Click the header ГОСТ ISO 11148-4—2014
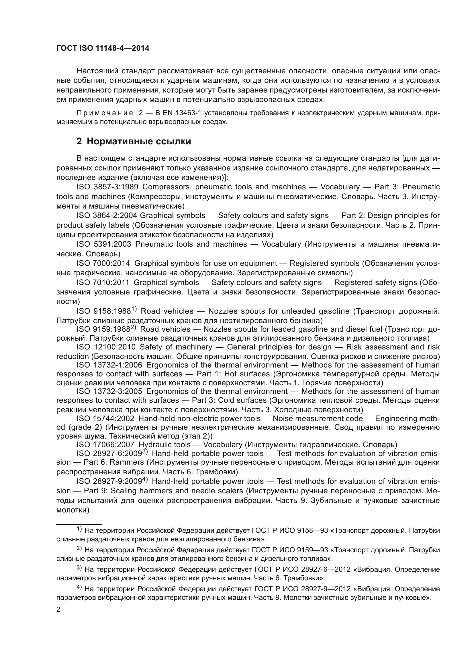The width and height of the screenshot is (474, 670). (x=103, y=48)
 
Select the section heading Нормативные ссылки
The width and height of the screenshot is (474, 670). (x=139, y=141)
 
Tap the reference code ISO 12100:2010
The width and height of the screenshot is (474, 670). (x=106, y=347)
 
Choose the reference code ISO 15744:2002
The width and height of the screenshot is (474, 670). (x=105, y=418)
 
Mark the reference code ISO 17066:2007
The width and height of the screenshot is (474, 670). (x=105, y=445)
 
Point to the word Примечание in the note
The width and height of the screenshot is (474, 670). (x=105, y=113)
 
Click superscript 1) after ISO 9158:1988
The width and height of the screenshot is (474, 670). (x=134, y=309)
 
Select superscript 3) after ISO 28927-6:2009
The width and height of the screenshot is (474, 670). (x=145, y=452)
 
